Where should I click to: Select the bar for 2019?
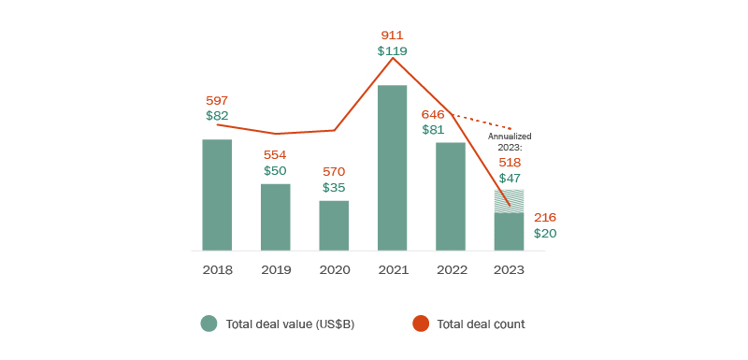(x=275, y=217)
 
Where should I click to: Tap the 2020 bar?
(x=334, y=225)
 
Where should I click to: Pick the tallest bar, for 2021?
(x=392, y=167)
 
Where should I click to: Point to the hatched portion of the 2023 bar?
(x=509, y=201)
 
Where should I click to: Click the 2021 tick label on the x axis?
(x=392, y=269)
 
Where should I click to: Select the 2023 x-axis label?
(x=509, y=269)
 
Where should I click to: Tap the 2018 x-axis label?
(x=217, y=269)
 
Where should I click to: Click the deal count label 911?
(x=393, y=35)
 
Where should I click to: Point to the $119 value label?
(x=393, y=50)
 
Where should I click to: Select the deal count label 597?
(x=217, y=100)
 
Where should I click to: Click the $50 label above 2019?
(x=275, y=171)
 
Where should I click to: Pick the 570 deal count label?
(x=334, y=172)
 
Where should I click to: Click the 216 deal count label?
(x=545, y=217)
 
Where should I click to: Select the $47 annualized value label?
(x=510, y=178)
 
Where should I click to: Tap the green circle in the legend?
(x=209, y=324)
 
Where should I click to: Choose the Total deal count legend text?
(x=481, y=324)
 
